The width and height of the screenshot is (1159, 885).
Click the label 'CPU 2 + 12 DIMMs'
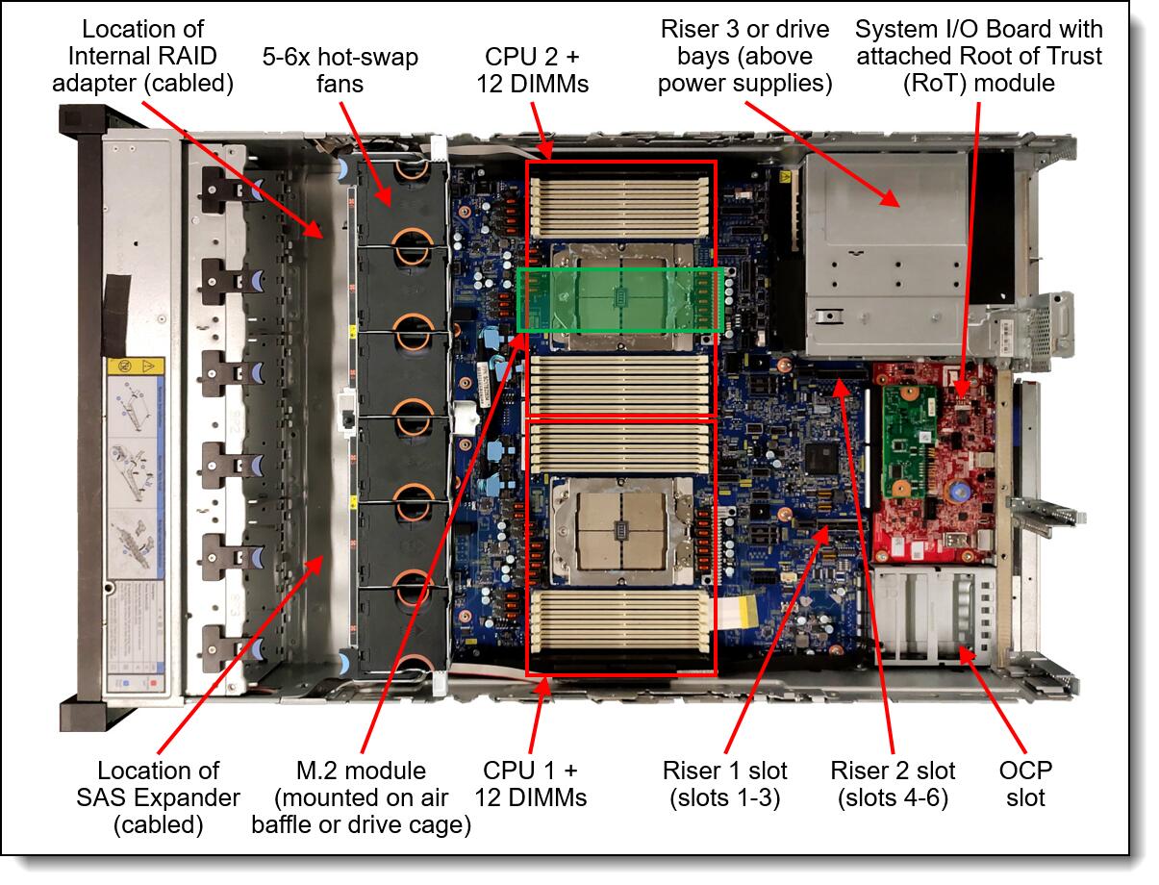pos(532,70)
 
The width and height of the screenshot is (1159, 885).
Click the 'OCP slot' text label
pos(1026,784)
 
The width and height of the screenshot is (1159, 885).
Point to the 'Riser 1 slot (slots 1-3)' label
pos(724,784)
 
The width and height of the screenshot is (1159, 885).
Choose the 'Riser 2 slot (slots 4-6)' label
pos(893,784)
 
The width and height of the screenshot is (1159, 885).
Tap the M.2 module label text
pos(361,797)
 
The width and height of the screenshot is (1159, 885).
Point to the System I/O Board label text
pos(978,56)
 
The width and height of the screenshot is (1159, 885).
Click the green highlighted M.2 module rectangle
pos(619,300)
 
